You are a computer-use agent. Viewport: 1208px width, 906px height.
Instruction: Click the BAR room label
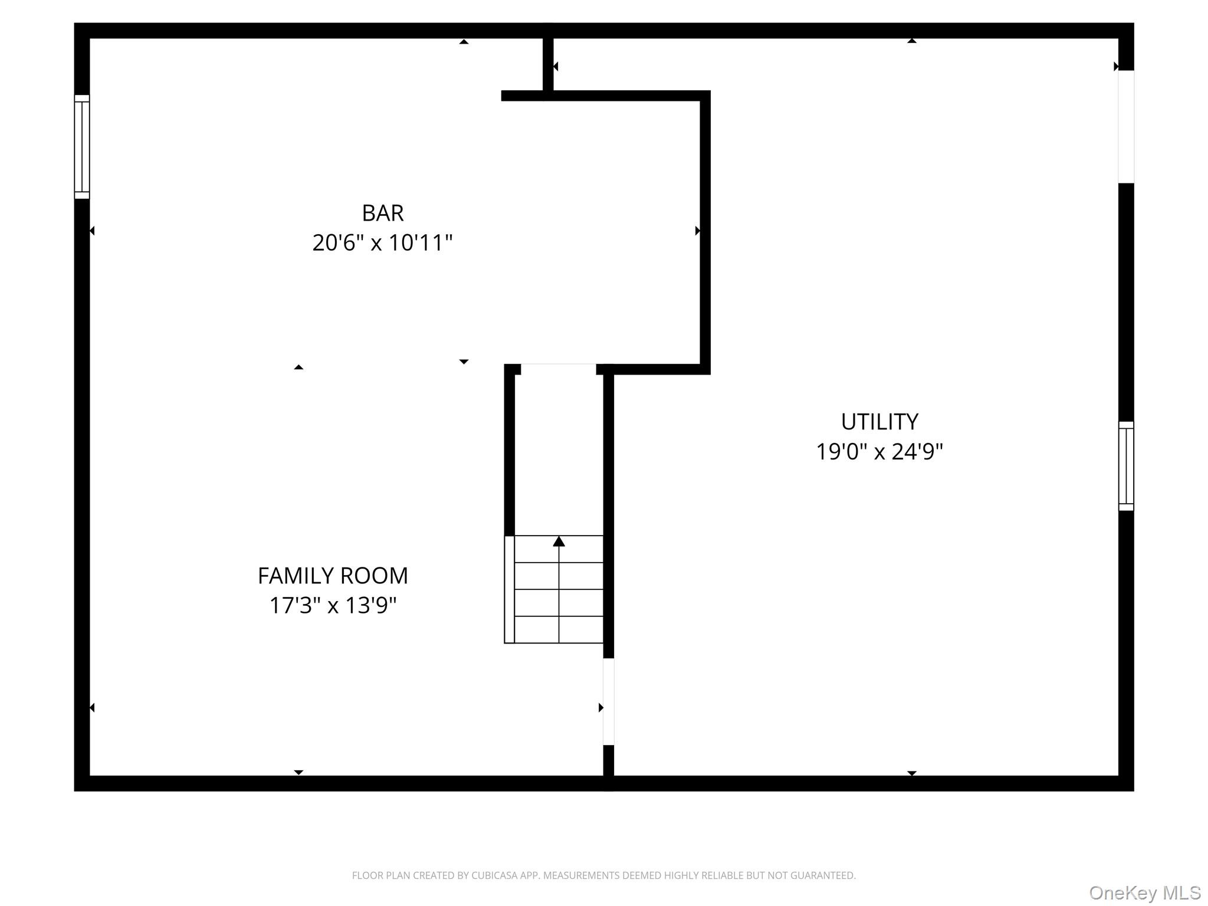point(382,213)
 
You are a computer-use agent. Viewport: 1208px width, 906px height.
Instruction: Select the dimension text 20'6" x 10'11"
point(382,243)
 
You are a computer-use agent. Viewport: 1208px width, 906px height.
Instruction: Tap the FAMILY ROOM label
point(333,576)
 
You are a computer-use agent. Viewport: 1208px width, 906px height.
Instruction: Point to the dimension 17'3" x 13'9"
point(333,606)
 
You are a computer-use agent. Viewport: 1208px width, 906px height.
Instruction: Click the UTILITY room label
point(879,422)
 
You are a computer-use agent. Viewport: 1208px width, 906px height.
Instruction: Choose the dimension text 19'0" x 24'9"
point(879,452)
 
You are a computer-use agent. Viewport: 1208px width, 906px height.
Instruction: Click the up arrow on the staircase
point(559,541)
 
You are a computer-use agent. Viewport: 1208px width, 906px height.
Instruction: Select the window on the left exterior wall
point(82,147)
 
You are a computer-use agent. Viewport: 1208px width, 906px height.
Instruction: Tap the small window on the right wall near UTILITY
point(1126,466)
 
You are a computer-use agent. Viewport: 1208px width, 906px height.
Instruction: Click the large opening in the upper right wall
point(1126,127)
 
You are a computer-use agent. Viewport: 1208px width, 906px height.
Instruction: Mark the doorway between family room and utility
point(609,701)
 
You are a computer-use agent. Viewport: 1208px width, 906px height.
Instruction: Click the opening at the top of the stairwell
point(558,369)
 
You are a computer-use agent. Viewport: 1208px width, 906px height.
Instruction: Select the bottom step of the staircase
point(559,630)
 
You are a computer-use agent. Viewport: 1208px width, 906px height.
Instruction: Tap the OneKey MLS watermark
point(1144,893)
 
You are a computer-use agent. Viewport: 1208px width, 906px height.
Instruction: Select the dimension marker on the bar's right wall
point(698,231)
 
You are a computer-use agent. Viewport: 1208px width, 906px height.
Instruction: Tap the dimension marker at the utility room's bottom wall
point(911,773)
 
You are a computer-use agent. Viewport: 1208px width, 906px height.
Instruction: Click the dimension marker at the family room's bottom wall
point(298,772)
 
